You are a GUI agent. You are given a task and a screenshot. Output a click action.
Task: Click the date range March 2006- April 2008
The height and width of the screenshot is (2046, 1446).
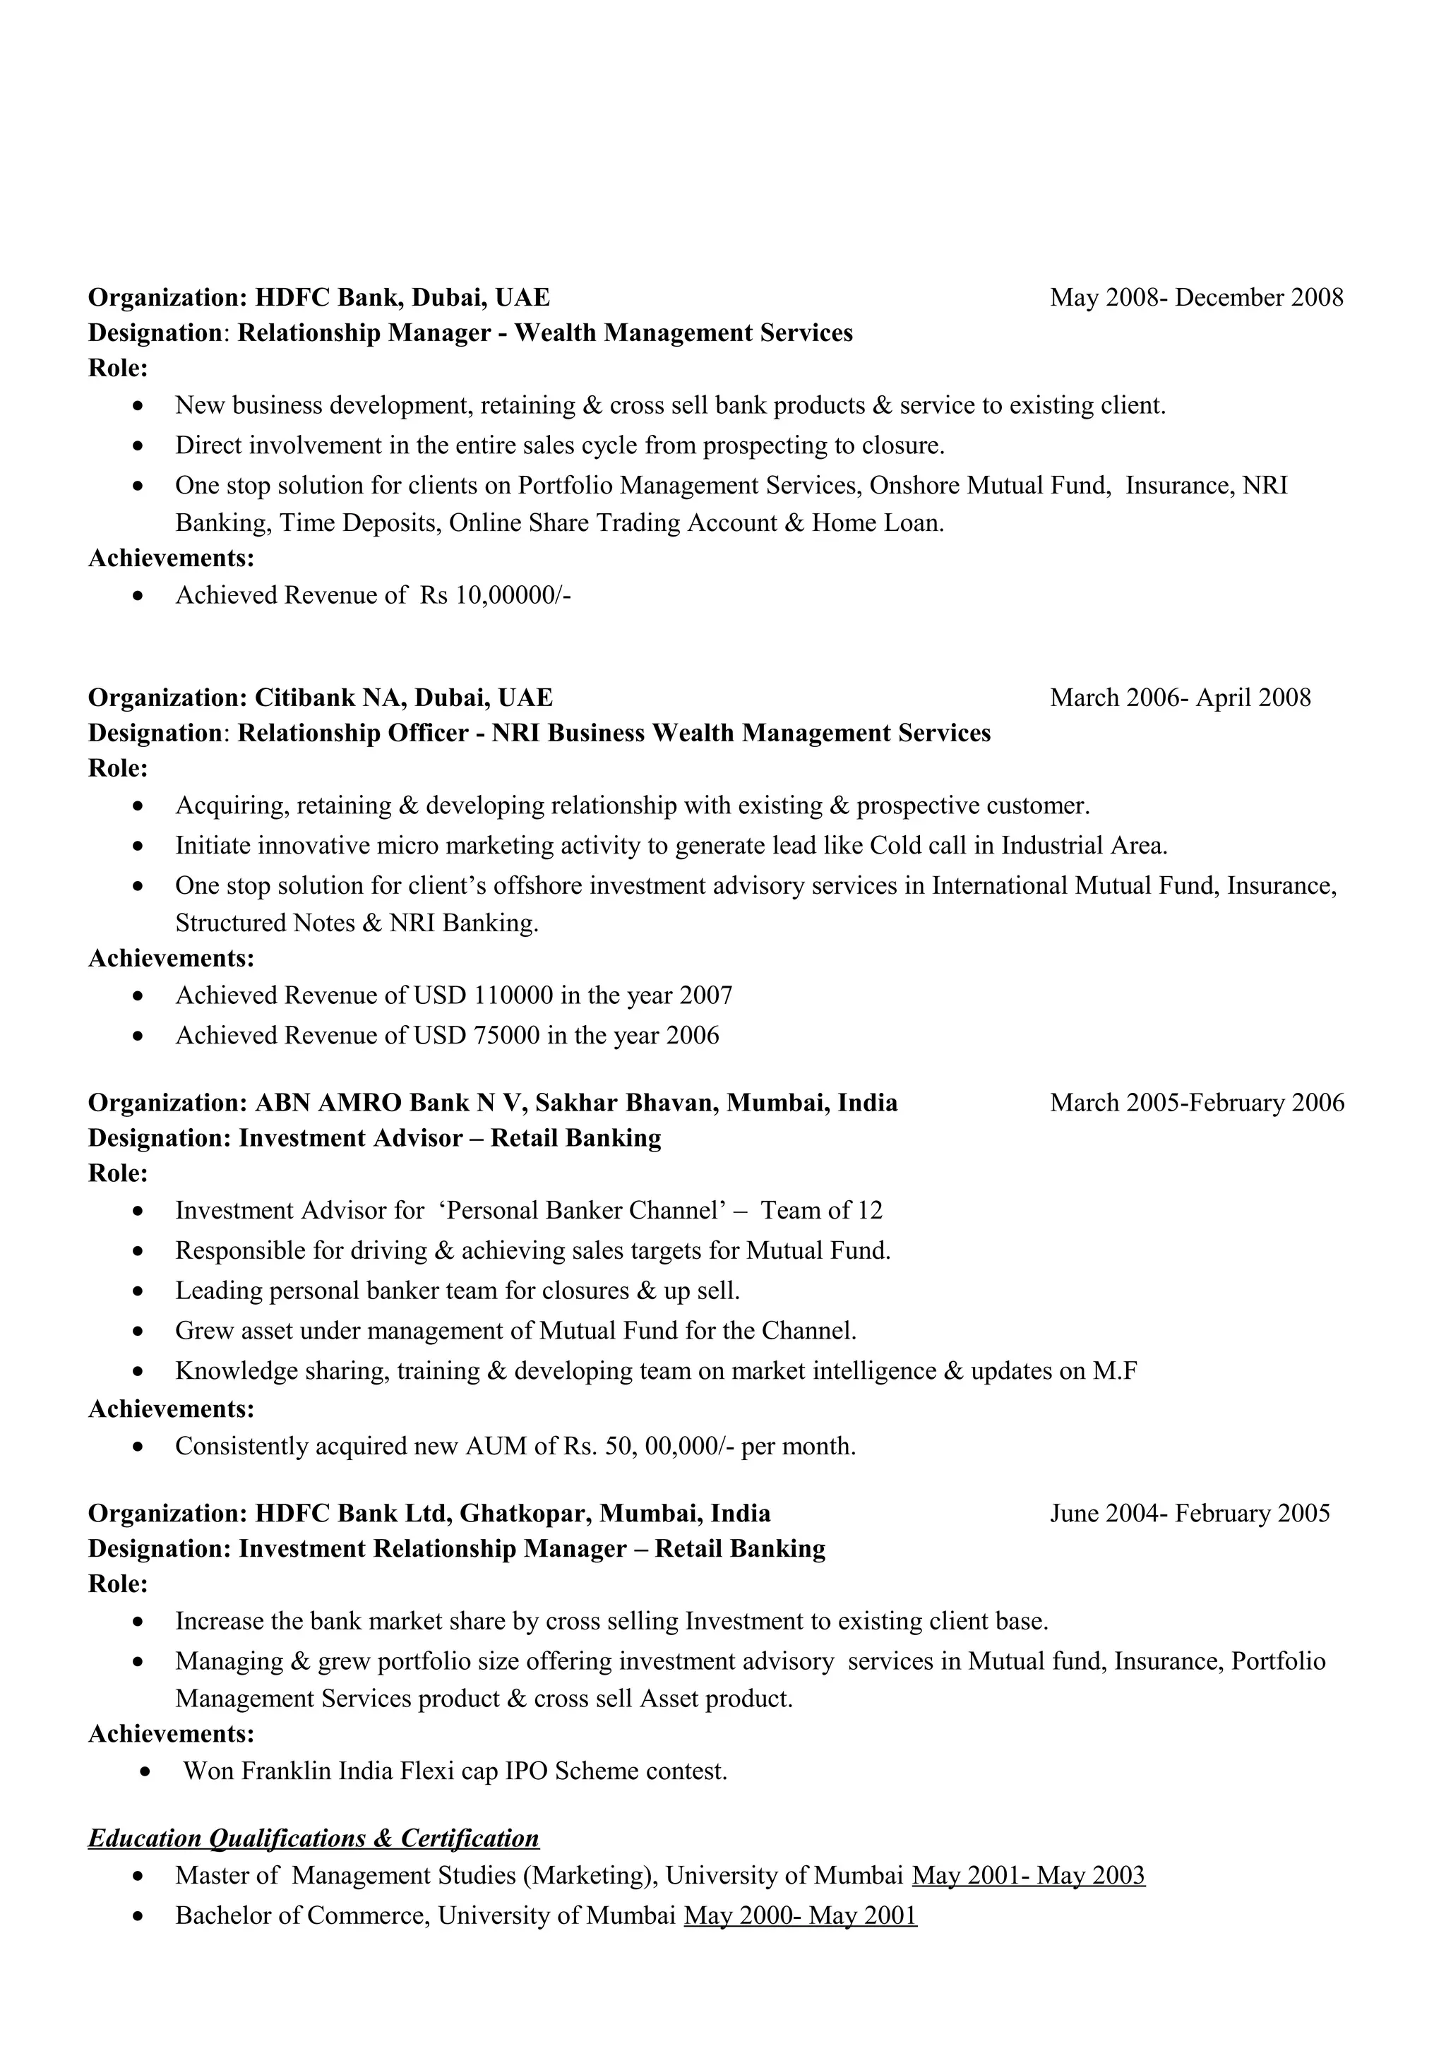pyautogui.click(x=1180, y=698)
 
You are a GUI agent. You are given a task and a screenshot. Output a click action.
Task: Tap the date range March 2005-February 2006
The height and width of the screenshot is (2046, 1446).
pyautogui.click(x=1197, y=1103)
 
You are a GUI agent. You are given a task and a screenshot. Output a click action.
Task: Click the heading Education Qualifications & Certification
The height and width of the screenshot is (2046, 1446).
pyautogui.click(x=313, y=1838)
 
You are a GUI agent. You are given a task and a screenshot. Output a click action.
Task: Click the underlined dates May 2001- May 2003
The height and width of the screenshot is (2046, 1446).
pyautogui.click(x=1028, y=1876)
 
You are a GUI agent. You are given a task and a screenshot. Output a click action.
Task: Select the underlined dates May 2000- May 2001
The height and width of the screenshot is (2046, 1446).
pyautogui.click(x=800, y=1916)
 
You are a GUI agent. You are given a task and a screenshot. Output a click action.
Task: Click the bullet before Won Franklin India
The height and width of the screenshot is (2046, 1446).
pyautogui.click(x=146, y=1771)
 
